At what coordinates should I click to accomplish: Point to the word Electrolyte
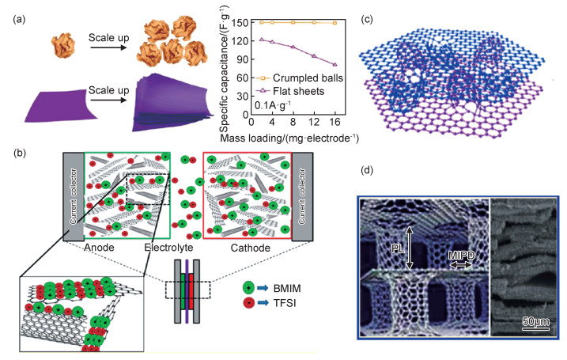click(179, 248)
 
